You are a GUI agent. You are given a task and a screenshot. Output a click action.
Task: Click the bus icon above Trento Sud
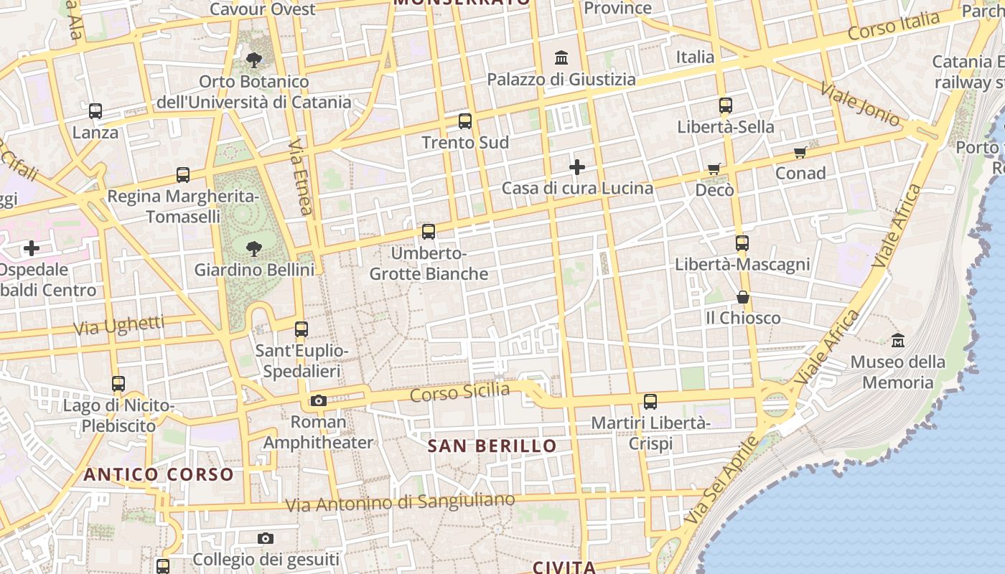point(465,121)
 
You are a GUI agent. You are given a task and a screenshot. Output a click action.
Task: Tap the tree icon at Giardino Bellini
point(253,249)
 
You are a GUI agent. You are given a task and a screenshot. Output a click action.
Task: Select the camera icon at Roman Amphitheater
point(319,400)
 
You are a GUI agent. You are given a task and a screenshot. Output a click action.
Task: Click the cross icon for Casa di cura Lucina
point(577,167)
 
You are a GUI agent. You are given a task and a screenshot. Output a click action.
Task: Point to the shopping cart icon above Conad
point(800,152)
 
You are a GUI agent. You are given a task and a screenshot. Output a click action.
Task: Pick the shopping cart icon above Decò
point(714,169)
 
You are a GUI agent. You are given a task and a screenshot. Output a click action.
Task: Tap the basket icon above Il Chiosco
point(743,296)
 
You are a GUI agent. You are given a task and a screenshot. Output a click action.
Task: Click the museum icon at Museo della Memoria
point(897,340)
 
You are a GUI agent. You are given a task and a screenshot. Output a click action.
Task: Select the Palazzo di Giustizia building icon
point(561,57)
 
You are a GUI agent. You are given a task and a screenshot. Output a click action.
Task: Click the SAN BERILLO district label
point(492,446)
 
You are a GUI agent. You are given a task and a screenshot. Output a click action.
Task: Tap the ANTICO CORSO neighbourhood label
point(159,474)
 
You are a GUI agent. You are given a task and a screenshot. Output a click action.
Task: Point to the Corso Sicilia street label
point(460,392)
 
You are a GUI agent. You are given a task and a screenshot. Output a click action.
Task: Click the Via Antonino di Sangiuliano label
point(400,502)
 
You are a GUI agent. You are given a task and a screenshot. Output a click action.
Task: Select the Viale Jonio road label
point(859,105)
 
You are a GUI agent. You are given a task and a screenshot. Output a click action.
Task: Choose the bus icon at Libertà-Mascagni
point(742,243)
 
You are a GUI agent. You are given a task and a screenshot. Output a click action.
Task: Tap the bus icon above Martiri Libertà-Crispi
point(650,402)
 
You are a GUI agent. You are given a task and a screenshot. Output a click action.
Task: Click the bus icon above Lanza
point(95,111)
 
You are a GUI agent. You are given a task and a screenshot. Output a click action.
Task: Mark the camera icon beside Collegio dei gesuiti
point(266,538)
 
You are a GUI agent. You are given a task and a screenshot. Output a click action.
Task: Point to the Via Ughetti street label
point(119,326)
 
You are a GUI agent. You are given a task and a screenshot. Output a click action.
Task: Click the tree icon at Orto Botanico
point(253,60)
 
